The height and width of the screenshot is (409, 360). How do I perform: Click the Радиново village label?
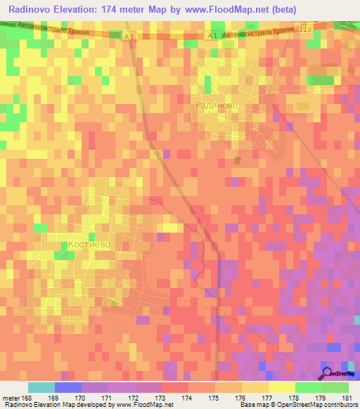coord(215,105)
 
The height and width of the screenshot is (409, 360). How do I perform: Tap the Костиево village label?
coord(89,245)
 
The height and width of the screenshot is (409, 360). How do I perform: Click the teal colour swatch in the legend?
coord(41,387)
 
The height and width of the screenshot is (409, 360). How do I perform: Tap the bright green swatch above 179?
coord(308,387)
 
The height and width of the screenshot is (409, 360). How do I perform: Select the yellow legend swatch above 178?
coord(281,387)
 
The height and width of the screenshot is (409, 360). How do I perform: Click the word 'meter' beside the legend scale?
coord(13,398)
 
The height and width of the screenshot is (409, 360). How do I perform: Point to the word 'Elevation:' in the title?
coord(88,9)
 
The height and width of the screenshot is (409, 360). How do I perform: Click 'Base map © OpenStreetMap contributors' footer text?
coord(296,405)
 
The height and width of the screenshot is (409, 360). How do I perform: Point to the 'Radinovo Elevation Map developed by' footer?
coord(56,405)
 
